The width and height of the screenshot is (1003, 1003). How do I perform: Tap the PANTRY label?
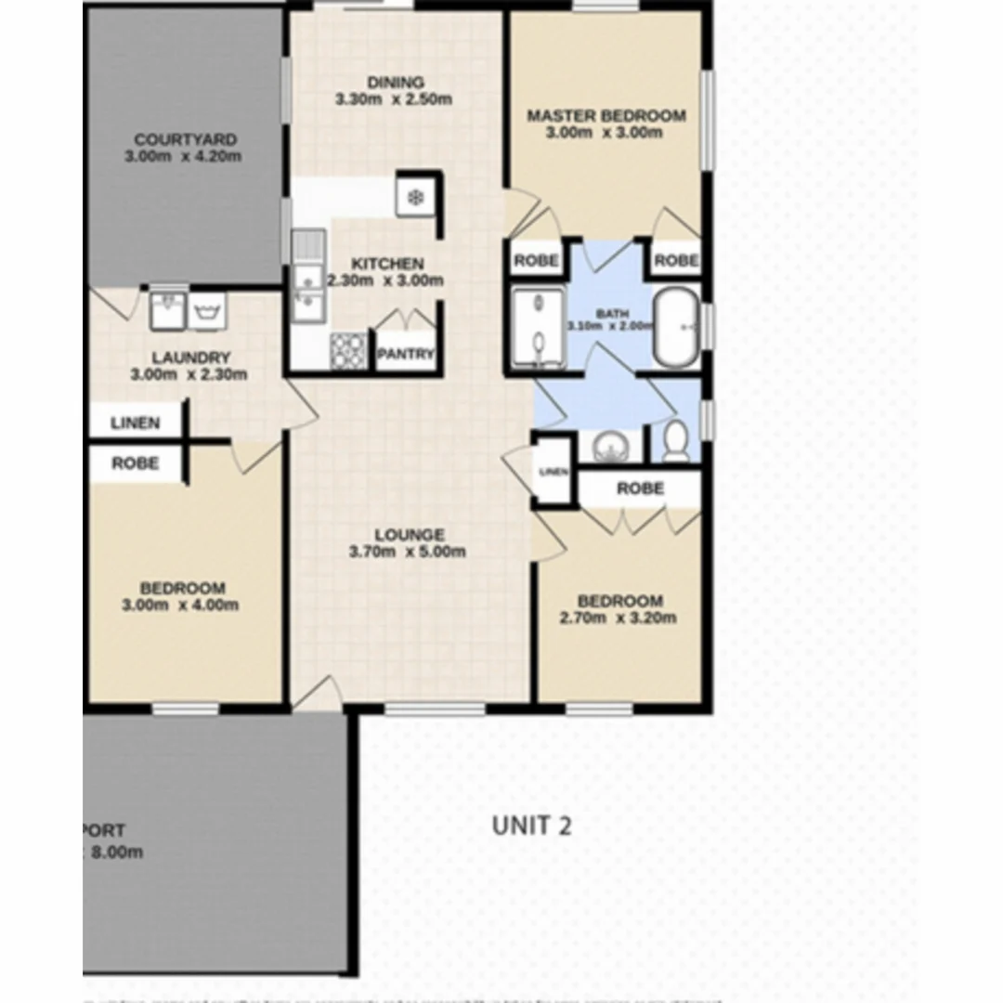coord(406,354)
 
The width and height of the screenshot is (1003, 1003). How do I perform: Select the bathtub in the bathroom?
coord(677,329)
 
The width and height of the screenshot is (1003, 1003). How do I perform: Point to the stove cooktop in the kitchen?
coord(348,350)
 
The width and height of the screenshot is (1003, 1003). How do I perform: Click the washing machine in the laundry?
coord(206,311)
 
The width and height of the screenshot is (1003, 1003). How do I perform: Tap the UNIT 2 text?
coord(531,825)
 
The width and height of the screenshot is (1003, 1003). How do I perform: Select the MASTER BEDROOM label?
coord(606,116)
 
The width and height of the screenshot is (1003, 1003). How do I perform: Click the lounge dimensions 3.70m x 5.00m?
coord(408,552)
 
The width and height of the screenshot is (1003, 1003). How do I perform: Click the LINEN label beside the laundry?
coord(136,423)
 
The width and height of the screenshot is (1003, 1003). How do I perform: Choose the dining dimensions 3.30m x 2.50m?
coord(394,99)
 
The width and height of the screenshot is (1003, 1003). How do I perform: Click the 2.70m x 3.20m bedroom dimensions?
coord(618,618)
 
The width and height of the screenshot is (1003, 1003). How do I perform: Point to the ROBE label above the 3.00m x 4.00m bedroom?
coord(136,463)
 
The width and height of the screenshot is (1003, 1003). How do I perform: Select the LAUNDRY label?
coord(190,358)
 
